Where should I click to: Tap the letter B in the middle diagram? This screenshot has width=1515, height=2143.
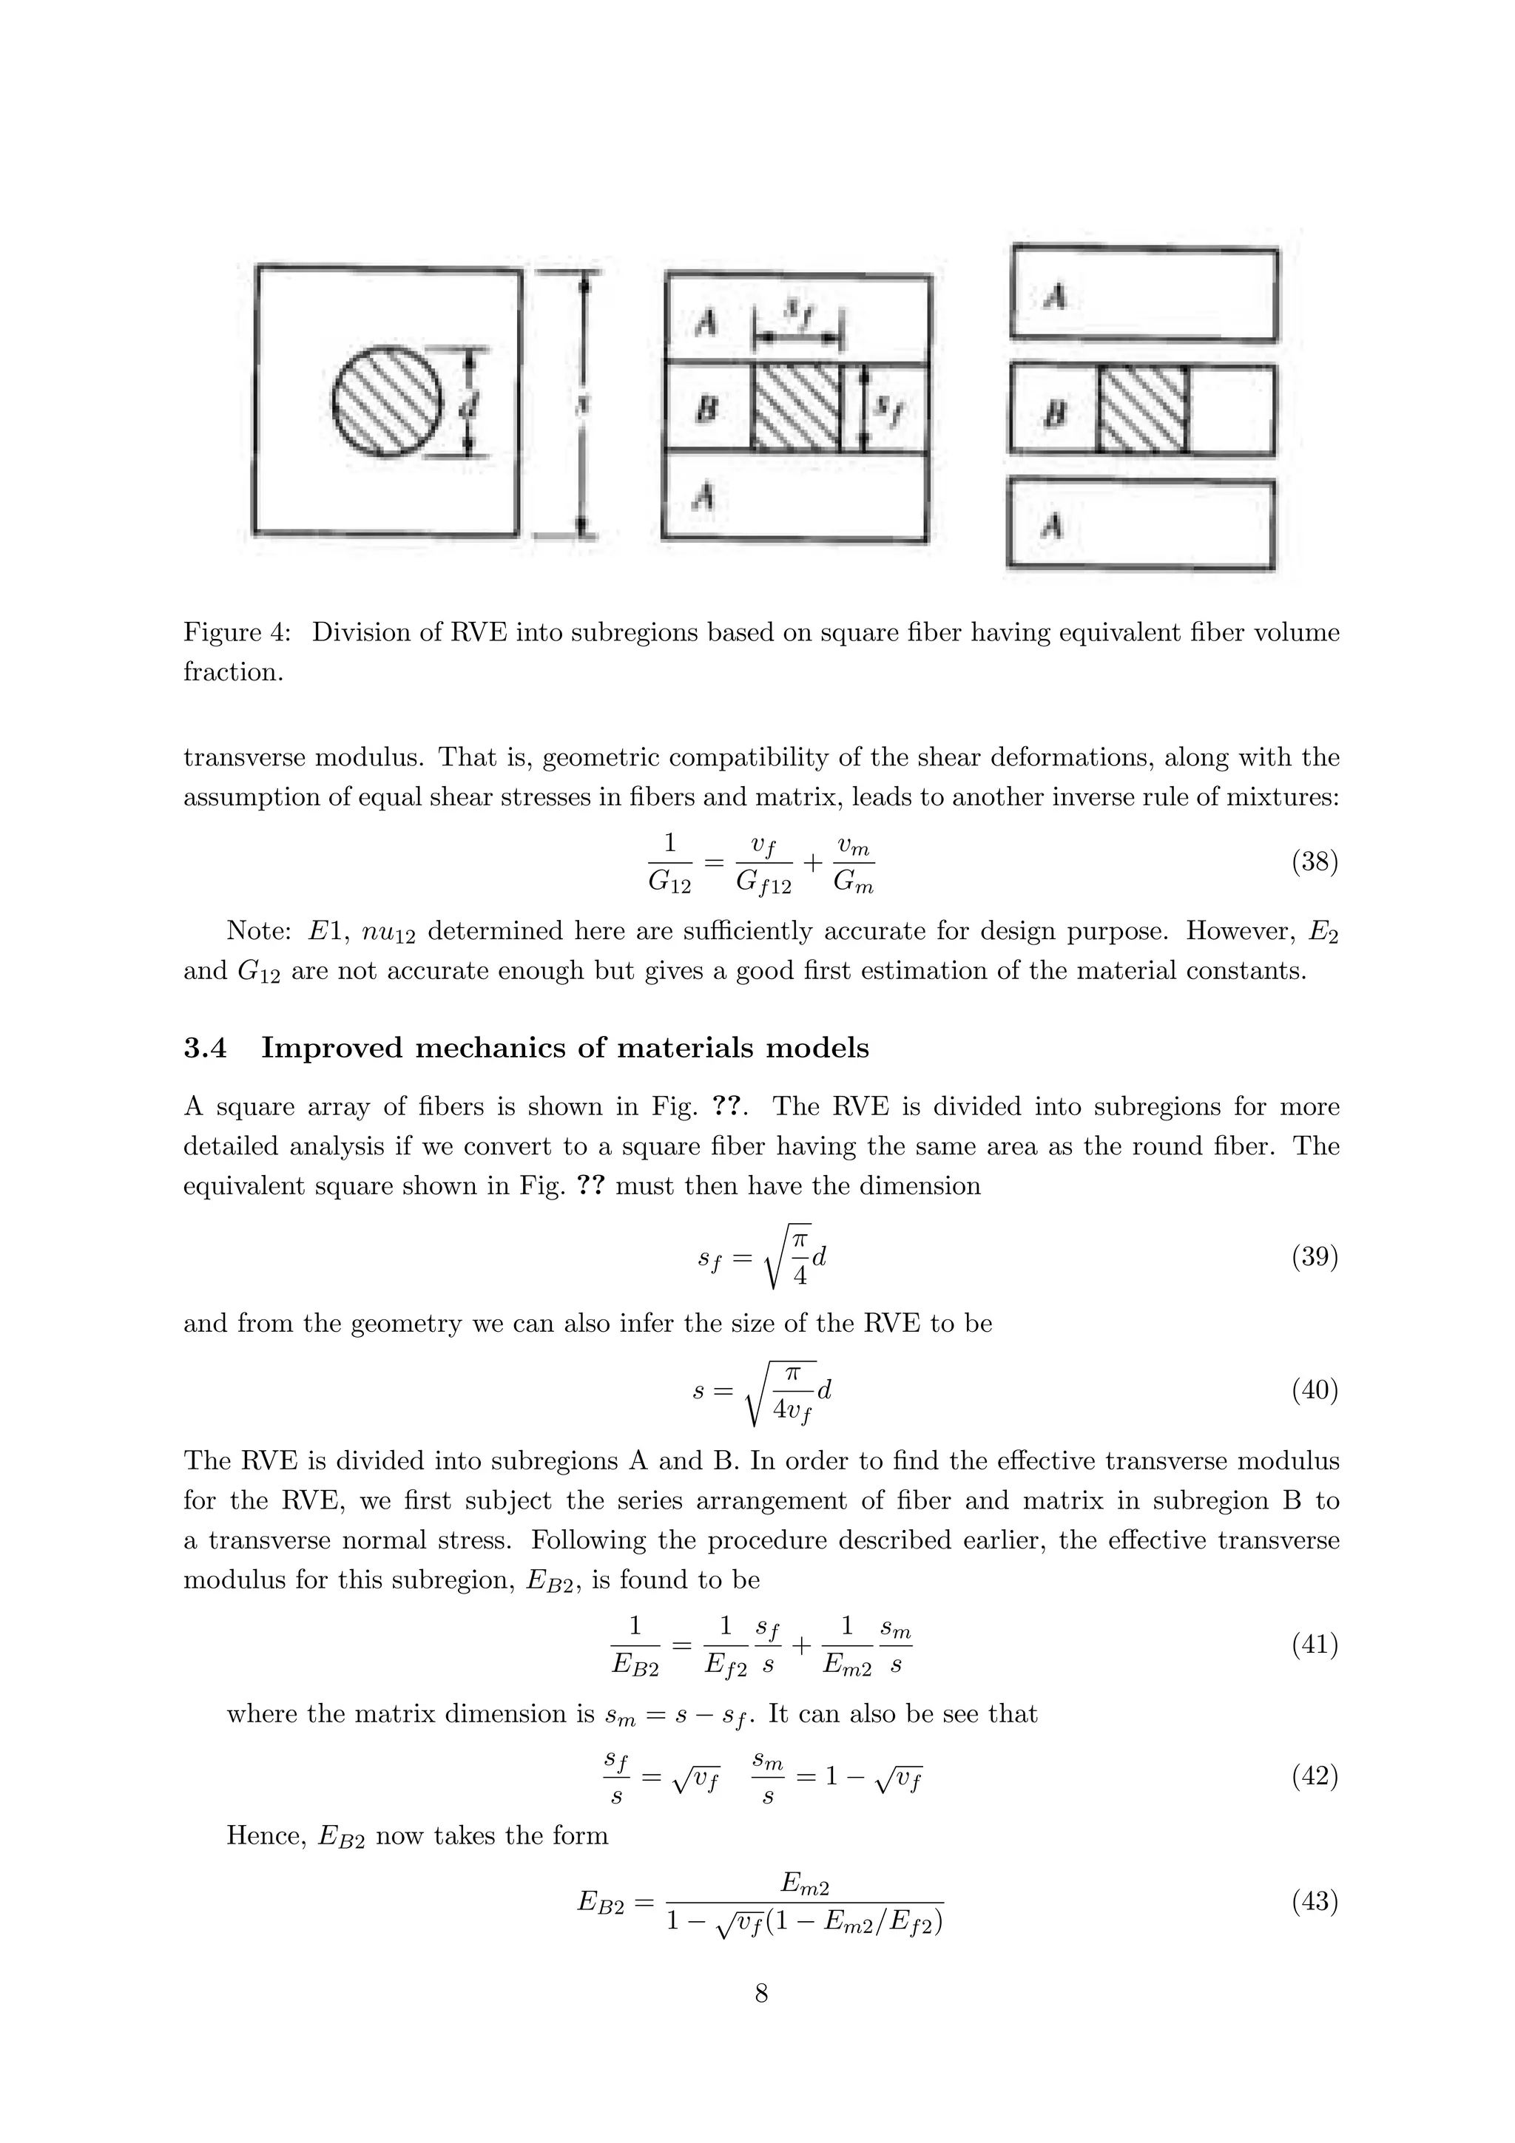tap(706, 408)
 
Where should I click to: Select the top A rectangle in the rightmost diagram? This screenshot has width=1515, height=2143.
tap(1144, 291)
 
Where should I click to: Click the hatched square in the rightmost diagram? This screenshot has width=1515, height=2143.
tap(1143, 409)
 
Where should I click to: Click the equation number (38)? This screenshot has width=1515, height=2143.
tap(1315, 861)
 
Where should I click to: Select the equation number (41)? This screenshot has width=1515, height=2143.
tap(1315, 1645)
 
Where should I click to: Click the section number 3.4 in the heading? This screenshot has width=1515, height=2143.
tap(206, 1048)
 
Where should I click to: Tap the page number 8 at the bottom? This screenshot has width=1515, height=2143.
tap(760, 1994)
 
